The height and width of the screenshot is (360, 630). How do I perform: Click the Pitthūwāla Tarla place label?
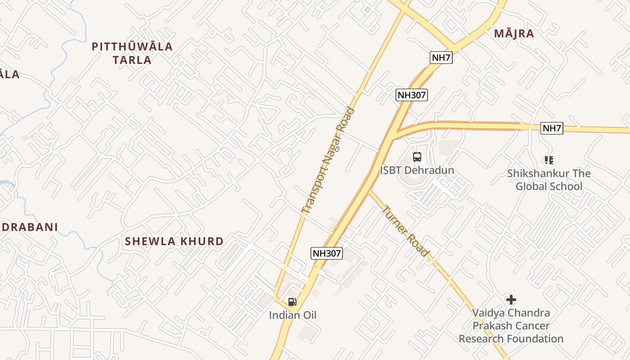click(132, 53)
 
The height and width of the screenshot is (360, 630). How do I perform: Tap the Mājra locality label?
click(514, 33)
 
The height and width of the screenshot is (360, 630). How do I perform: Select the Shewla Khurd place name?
click(174, 241)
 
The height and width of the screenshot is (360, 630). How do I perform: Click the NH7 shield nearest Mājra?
click(441, 58)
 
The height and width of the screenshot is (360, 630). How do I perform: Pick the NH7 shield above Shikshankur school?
click(552, 128)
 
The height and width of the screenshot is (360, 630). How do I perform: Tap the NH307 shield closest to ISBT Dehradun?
click(412, 95)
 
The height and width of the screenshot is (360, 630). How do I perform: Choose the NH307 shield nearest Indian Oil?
click(327, 253)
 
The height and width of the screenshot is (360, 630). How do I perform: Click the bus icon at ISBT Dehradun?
click(417, 157)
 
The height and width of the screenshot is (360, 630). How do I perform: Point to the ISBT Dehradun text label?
click(417, 171)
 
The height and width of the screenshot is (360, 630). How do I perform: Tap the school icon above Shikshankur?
click(549, 160)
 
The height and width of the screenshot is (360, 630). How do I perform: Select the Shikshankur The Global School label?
click(549, 180)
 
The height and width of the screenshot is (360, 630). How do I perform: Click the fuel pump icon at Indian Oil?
click(292, 302)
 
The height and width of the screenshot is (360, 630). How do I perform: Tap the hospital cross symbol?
click(511, 299)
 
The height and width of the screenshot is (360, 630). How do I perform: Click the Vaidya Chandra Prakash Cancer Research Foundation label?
click(511, 325)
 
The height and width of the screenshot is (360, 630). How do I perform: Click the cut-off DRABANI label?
click(29, 227)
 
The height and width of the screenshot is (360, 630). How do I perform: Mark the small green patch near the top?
click(368, 9)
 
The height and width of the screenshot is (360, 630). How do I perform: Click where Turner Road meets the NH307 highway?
click(369, 190)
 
